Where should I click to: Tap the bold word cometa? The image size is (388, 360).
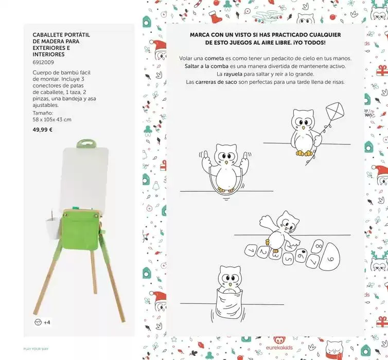click(214, 58)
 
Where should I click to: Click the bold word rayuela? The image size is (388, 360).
click(219, 74)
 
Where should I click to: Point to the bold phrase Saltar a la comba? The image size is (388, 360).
click(204, 66)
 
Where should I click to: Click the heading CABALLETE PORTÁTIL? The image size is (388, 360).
click(61, 35)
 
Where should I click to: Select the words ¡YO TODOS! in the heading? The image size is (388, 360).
click(309, 43)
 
